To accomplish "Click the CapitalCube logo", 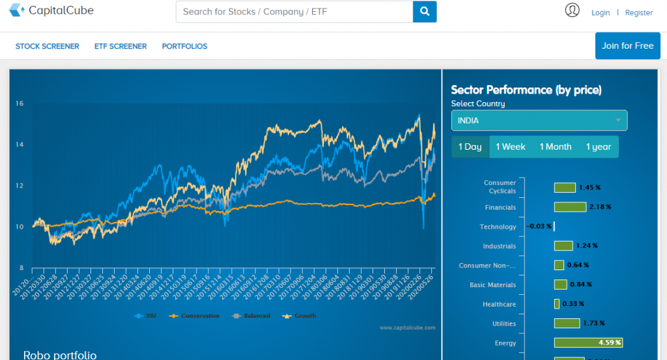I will point(51,11).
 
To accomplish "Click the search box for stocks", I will point(294,12).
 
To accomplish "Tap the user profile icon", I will point(573,10).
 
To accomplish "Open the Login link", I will point(601,12).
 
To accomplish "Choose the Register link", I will point(638,12).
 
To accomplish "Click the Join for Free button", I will point(627,46).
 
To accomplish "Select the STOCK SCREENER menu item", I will point(48,46).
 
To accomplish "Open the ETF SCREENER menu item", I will point(121,46).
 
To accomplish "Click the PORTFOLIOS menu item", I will point(184,46).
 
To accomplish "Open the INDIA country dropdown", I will point(539,120).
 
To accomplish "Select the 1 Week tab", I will point(510,146).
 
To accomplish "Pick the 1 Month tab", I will point(555,146).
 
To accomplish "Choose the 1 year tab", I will point(598,146).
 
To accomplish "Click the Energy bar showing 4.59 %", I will point(588,342).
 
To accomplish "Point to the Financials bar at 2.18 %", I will point(570,207).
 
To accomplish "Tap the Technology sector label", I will point(498,227).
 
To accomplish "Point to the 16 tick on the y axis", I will point(20,103).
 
